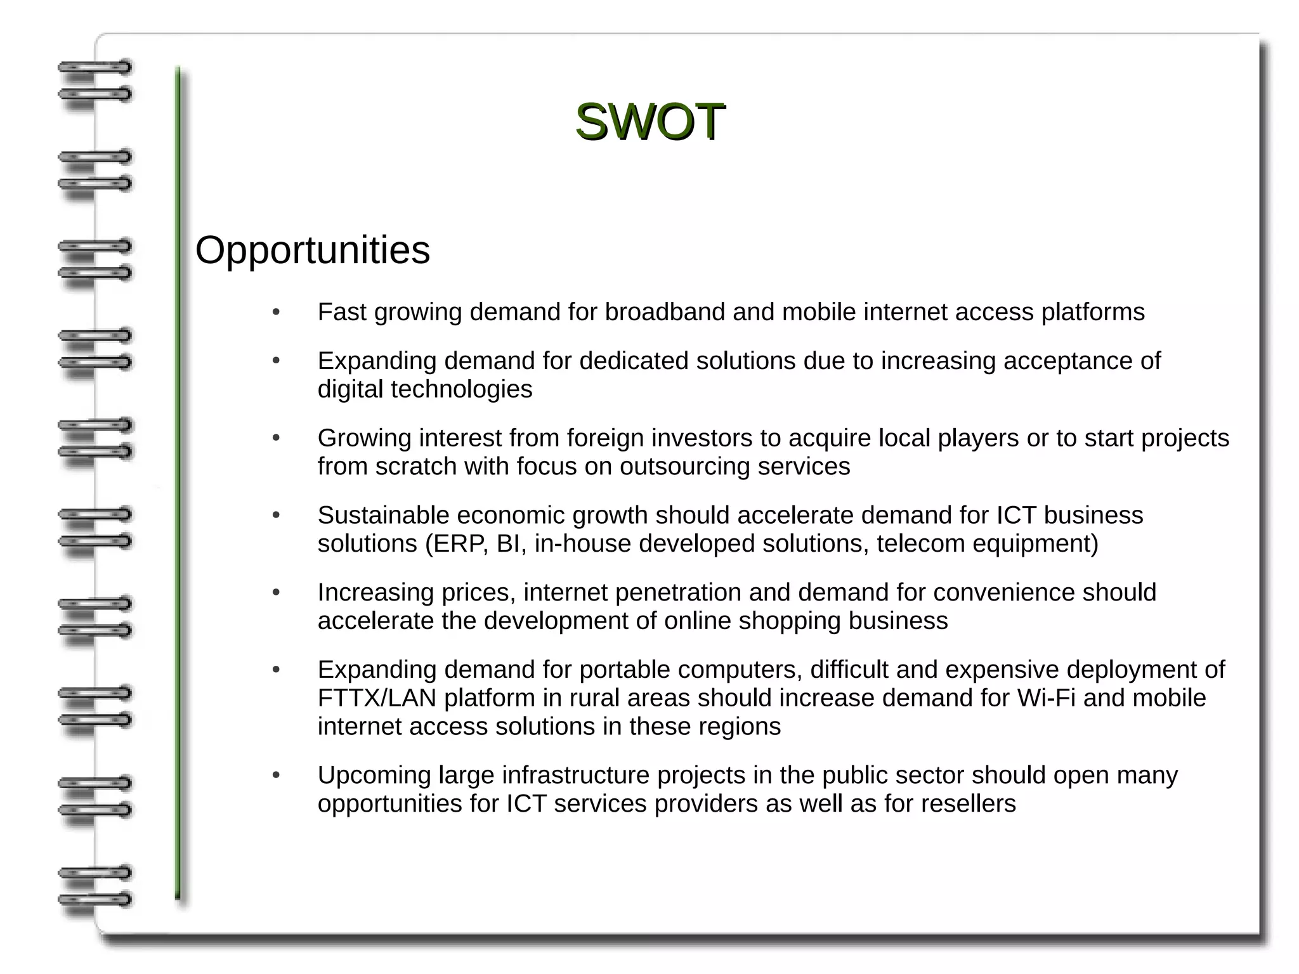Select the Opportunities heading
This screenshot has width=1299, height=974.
312,250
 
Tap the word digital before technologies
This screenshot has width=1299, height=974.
350,389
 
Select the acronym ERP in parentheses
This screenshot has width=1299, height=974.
461,544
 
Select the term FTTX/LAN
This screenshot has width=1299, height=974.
377,698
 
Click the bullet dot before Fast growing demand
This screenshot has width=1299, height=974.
276,312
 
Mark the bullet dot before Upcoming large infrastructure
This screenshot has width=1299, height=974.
276,776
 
